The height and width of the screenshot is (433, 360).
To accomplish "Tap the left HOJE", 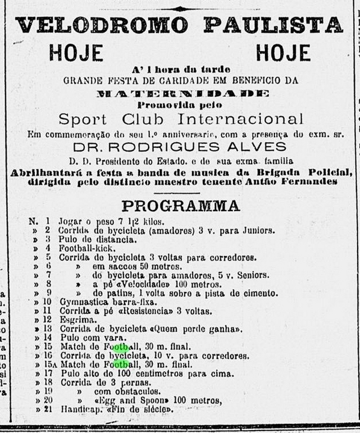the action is point(76,53).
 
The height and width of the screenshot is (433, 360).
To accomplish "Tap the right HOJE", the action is point(283,53).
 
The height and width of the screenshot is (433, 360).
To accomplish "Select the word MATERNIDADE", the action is point(182,93).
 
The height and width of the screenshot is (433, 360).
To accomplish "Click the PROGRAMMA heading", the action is point(180,206).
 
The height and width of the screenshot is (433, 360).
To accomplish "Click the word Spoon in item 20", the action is point(151,401).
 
